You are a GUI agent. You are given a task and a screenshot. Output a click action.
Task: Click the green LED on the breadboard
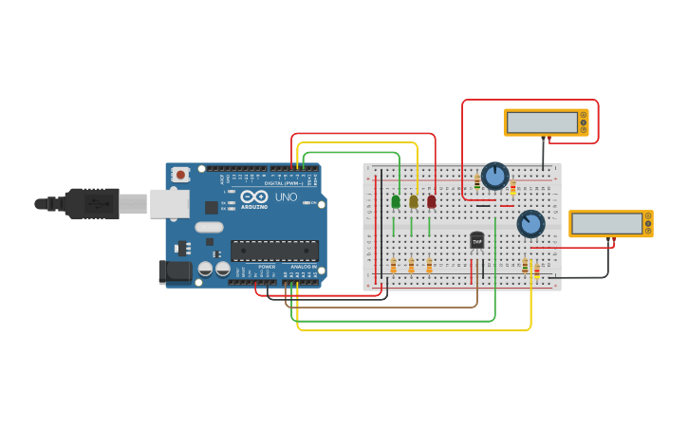395,201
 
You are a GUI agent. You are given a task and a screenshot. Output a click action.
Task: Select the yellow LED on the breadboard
413,201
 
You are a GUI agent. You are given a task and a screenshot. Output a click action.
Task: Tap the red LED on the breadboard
431,201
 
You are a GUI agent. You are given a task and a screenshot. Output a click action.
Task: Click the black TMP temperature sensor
476,240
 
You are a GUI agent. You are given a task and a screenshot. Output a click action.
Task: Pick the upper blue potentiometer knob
494,176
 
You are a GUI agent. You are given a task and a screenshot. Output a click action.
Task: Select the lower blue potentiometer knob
530,223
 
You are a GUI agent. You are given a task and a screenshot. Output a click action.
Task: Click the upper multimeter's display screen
542,122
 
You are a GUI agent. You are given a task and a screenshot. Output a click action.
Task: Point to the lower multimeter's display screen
606,223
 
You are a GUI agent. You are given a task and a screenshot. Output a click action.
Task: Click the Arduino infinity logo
253,196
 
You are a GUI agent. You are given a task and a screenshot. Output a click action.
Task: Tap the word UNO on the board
286,197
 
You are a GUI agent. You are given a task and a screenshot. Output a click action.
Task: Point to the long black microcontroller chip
274,251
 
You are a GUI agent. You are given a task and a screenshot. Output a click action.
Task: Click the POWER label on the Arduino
267,267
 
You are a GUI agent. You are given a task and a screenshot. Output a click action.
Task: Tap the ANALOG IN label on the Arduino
304,267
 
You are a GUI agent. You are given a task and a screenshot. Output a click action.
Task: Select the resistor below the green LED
393,267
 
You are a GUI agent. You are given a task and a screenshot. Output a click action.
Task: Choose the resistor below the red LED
429,267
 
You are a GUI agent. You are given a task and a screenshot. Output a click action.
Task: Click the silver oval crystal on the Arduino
209,228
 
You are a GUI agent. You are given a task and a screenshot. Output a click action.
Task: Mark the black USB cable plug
91,203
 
